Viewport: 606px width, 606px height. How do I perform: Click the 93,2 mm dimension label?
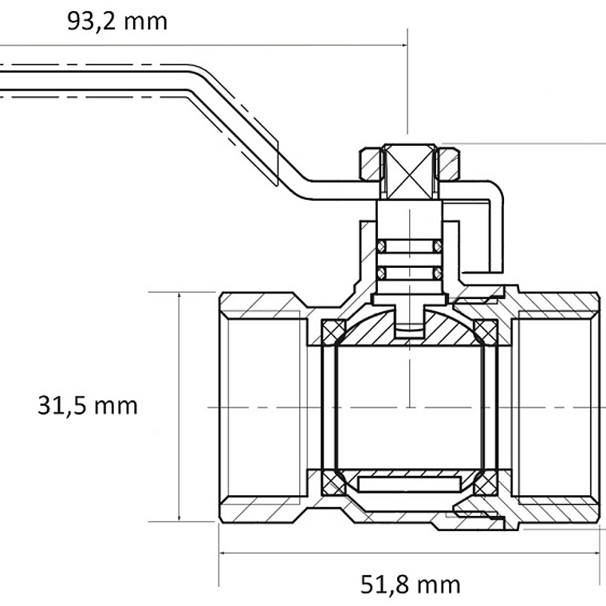(117, 22)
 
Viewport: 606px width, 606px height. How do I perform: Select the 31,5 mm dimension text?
(88, 406)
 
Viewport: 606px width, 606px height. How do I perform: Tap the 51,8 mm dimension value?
(411, 584)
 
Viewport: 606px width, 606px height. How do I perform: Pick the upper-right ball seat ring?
(485, 330)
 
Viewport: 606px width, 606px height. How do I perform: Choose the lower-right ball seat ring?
(485, 482)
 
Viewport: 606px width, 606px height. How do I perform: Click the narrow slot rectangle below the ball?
(409, 482)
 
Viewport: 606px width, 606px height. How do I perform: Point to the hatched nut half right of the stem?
(449, 164)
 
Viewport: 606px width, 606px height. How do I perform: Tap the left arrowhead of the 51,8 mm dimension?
(224, 552)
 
